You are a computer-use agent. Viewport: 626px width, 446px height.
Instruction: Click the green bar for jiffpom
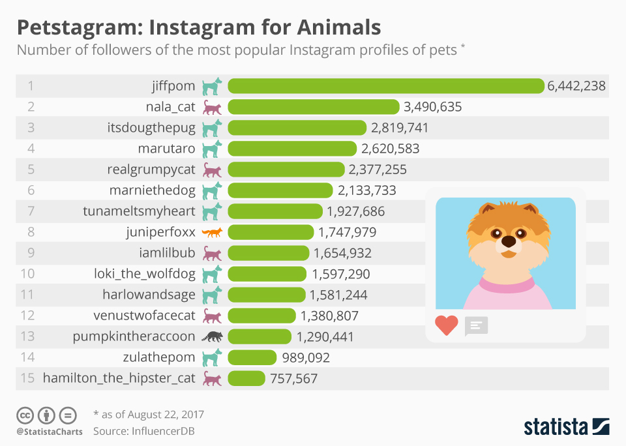(x=385, y=86)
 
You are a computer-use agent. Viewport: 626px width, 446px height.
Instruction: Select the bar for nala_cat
(x=313, y=107)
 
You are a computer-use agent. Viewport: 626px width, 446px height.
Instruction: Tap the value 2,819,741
(x=399, y=128)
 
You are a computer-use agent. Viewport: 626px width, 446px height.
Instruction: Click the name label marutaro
(x=166, y=149)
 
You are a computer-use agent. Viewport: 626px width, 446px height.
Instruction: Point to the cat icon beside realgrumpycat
(x=212, y=170)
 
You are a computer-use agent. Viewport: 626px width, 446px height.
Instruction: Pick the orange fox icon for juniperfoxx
(x=212, y=233)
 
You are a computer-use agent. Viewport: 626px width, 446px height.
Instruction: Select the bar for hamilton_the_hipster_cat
(x=246, y=379)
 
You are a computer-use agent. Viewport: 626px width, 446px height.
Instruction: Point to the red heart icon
(x=447, y=325)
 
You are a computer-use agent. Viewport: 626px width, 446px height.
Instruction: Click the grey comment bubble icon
(x=476, y=325)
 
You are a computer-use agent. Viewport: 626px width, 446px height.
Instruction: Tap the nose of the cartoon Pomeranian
(x=508, y=242)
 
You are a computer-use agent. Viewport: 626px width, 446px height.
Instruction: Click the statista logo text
(x=555, y=427)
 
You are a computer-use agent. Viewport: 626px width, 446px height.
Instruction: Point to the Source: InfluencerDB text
(x=143, y=431)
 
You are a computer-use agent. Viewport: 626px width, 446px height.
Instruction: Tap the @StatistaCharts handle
(x=50, y=432)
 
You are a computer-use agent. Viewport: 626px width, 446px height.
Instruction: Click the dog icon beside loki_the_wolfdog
(x=212, y=275)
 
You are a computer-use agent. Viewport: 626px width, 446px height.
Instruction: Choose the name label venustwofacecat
(x=144, y=316)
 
